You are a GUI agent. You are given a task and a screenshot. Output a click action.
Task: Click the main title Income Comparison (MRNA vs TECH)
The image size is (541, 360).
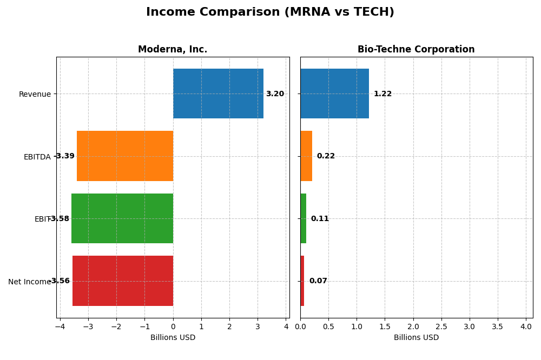coord(270,12)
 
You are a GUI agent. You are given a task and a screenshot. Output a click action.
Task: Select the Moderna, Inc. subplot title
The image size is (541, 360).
coord(173,49)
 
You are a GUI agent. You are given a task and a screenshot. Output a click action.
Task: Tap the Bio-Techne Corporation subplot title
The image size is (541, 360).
coord(416,49)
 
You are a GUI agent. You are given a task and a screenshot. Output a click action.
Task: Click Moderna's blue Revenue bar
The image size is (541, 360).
coord(218,94)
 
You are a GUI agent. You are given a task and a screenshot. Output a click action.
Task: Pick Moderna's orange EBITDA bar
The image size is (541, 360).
coord(125,156)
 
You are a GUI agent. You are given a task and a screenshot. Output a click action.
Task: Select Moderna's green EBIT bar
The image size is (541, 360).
coord(122,218)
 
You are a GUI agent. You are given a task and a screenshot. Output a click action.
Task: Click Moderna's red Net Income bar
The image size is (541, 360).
coord(123,281)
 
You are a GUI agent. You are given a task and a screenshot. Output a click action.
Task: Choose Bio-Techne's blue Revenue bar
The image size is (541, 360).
coord(334,94)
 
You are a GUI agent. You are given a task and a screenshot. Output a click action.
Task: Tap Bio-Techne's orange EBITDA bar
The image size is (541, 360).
coord(306,156)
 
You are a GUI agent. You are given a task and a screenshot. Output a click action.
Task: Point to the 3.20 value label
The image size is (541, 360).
coord(275,94)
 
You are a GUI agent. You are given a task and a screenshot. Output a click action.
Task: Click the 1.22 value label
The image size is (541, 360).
coord(382,94)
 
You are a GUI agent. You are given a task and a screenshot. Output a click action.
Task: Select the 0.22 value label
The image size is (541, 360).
coord(326,156)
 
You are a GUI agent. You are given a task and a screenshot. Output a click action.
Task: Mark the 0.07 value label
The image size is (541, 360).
coord(318,281)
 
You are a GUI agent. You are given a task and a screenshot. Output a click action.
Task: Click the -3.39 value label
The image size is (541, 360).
coord(64,156)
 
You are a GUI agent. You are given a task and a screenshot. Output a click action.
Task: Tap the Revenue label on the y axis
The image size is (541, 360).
coord(35,95)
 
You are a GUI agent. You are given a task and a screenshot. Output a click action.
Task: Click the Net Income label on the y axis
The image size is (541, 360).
coord(29,282)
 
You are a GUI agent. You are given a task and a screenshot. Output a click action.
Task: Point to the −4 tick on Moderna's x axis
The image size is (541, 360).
coord(60,327)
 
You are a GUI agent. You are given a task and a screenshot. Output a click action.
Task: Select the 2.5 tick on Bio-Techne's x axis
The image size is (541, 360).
coord(441,327)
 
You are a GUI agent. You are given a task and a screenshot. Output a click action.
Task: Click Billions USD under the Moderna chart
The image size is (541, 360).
coord(173,338)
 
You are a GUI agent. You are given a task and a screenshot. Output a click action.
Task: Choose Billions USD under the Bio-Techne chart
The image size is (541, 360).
coord(416,338)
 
